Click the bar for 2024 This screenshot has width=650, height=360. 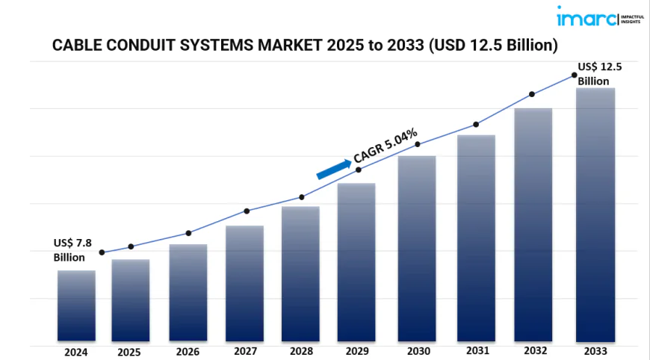(x=76, y=306)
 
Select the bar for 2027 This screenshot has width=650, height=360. (x=244, y=284)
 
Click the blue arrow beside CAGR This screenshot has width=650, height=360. (x=334, y=169)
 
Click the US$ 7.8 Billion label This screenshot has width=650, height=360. (x=72, y=249)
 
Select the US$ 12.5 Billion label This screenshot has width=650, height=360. (x=599, y=73)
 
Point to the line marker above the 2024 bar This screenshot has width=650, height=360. (x=102, y=252)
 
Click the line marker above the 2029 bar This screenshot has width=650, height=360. (x=359, y=170)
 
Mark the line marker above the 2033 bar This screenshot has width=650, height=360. (x=575, y=75)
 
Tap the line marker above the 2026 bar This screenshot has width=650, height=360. (x=188, y=233)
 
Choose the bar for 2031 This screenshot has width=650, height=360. (x=477, y=238)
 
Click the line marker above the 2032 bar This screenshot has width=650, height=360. (x=532, y=94)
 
